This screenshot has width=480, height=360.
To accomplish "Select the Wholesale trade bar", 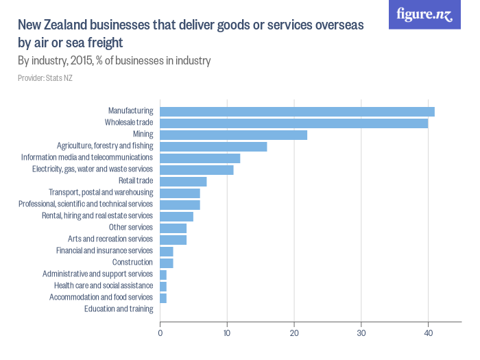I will click(293, 123).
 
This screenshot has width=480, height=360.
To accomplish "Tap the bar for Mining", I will click(233, 134).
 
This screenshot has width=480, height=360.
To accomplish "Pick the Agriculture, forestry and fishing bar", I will click(213, 146).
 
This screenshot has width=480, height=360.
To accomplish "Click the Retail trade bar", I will click(183, 181).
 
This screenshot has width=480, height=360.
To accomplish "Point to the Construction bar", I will click(167, 263).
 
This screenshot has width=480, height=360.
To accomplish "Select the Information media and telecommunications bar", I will click(200, 158).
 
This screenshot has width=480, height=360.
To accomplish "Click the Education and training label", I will click(118, 309).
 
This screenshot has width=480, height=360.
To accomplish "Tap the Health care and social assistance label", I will click(103, 285).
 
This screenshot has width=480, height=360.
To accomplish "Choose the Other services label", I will click(130, 227).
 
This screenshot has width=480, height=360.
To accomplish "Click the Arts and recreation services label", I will click(110, 239).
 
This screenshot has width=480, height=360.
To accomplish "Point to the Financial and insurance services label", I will click(104, 250).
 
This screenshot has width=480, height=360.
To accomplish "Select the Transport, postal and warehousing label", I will click(100, 193).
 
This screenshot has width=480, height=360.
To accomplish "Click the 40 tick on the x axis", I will click(428, 333).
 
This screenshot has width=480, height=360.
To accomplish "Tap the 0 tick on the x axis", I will click(160, 333).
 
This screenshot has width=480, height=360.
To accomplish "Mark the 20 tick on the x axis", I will click(294, 333).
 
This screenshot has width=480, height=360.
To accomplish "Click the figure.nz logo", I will click(424, 14).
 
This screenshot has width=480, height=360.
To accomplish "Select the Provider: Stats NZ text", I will click(45, 78).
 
